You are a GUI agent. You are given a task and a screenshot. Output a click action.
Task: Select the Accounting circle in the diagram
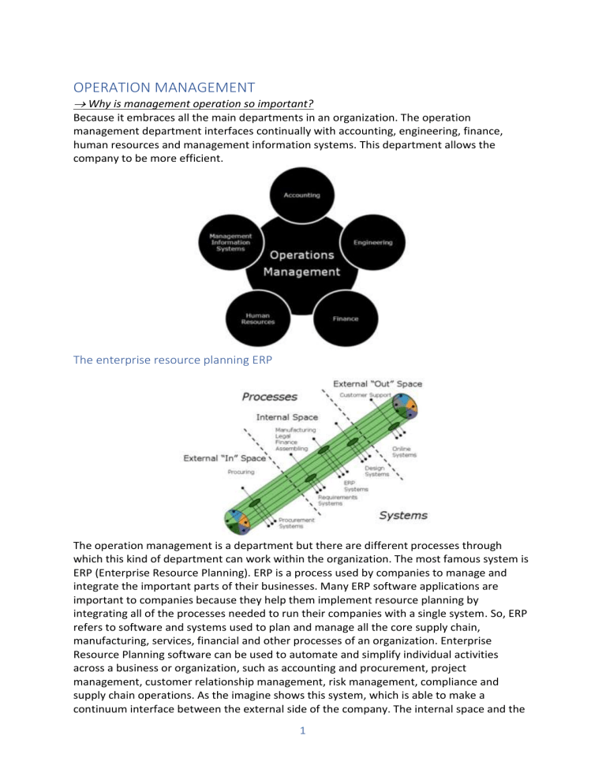(x=303, y=194)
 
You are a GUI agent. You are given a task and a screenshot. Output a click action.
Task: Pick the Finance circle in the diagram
(x=346, y=319)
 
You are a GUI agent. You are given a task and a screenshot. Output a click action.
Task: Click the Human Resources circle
(x=260, y=319)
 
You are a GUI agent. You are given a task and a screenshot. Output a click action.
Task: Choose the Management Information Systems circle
(x=230, y=243)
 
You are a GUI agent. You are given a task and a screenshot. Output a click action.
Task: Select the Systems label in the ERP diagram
(x=404, y=516)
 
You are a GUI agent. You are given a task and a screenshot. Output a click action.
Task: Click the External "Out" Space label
(x=381, y=383)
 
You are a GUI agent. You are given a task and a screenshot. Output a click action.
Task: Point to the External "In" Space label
(x=226, y=457)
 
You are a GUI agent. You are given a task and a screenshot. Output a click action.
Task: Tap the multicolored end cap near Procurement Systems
(x=237, y=520)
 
